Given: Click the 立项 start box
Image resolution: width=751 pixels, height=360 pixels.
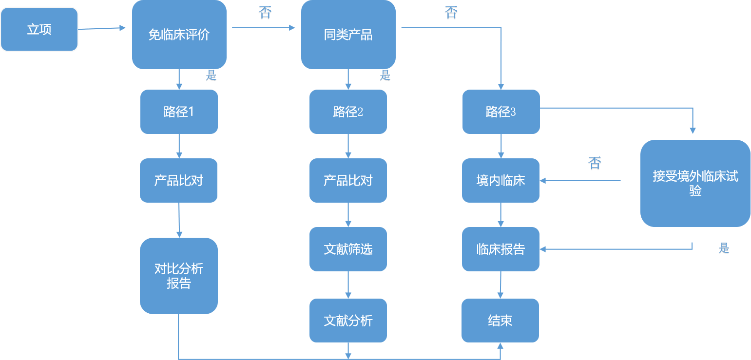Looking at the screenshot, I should click(x=39, y=29).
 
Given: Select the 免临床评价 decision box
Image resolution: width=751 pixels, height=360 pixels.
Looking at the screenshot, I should click(x=179, y=35).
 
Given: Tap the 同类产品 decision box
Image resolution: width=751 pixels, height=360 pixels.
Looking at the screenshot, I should click(x=348, y=35).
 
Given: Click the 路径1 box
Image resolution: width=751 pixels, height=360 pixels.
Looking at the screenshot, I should click(x=179, y=112).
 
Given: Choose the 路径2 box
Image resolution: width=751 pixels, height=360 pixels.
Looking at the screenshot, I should click(x=348, y=112).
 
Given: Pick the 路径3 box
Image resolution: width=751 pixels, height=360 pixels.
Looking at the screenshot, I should click(x=501, y=112).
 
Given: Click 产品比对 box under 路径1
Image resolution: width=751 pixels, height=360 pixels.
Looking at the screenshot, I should click(x=178, y=180).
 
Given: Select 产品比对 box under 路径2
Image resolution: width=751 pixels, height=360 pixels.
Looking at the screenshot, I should click(x=348, y=180).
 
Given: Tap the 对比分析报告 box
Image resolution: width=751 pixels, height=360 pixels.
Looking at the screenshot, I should click(x=178, y=276).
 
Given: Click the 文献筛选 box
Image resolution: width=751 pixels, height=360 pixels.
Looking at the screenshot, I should click(x=348, y=249).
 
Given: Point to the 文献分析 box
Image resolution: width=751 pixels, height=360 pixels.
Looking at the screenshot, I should click(x=348, y=320).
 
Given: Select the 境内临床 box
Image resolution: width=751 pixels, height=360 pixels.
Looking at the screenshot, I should click(x=501, y=180).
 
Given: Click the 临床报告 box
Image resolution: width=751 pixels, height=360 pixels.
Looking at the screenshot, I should click(x=501, y=249).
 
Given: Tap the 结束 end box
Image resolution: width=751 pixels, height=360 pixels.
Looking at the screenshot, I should click(x=500, y=320).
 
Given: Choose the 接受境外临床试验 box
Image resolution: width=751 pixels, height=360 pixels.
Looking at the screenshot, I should click(x=695, y=183).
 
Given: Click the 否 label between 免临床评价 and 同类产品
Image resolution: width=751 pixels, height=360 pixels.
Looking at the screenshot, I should click(x=265, y=13).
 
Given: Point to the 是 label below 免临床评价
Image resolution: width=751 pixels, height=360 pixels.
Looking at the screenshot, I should click(x=211, y=76).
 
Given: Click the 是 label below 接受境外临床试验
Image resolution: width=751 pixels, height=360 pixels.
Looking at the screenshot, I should click(x=724, y=248).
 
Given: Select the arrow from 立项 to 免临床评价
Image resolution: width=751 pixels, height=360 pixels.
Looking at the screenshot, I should click(x=102, y=29).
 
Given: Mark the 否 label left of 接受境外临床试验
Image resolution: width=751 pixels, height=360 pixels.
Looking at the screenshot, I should click(x=595, y=163).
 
